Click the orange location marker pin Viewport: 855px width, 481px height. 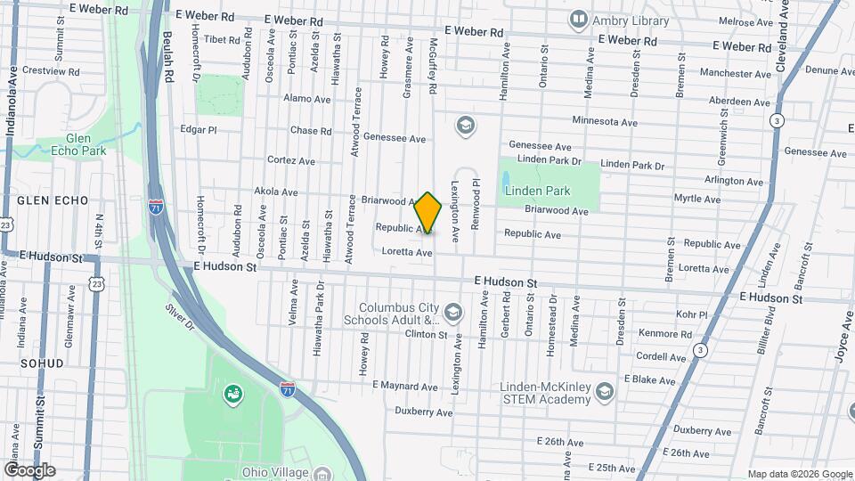click(x=428, y=213)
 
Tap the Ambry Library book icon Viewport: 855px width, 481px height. click(x=579, y=19)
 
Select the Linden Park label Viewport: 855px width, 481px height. click(x=537, y=191)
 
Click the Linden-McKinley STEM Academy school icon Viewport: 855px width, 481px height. click(x=605, y=392)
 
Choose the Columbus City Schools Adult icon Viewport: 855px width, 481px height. click(x=454, y=312)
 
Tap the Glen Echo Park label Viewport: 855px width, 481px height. click(x=85, y=144)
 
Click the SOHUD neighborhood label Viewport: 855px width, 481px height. click(x=42, y=363)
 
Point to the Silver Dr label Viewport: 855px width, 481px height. click(x=179, y=319)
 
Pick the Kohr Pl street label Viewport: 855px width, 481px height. click(x=691, y=314)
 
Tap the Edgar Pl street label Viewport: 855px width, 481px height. click(x=199, y=129)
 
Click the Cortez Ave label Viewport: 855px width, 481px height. click(x=291, y=161)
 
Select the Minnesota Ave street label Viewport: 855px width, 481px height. click(x=605, y=121)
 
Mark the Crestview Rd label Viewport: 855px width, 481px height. click(x=51, y=70)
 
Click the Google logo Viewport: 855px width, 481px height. click(x=29, y=469)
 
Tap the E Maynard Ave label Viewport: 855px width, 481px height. click(x=405, y=387)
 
